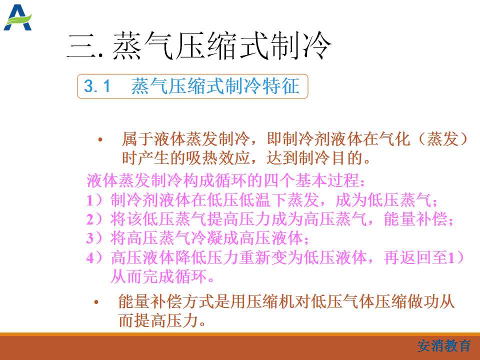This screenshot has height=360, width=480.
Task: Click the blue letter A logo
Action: click(x=17, y=17)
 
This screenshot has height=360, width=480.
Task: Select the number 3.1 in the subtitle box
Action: click(x=96, y=86)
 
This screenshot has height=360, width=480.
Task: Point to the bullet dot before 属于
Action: click(x=100, y=140)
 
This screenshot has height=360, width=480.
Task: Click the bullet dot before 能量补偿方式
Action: click(x=96, y=302)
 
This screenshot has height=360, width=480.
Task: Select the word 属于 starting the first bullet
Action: click(x=137, y=139)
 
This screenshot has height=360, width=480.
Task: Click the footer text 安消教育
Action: click(x=443, y=346)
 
